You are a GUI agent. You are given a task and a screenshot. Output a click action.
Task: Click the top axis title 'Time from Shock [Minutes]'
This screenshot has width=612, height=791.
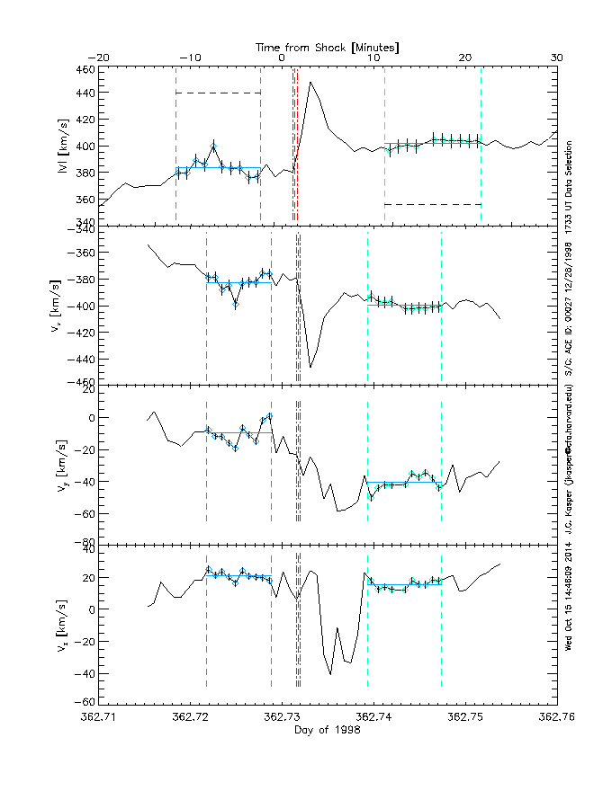tap(328, 46)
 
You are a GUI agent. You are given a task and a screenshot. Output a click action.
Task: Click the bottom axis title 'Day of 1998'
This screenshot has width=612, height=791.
tap(328, 731)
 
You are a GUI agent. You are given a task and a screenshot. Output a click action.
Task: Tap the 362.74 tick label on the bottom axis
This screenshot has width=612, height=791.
tap(373, 717)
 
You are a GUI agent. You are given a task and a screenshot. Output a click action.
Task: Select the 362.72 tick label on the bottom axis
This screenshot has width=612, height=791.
tap(191, 717)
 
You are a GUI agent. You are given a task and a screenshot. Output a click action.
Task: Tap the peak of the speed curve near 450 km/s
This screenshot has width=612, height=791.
tap(310, 83)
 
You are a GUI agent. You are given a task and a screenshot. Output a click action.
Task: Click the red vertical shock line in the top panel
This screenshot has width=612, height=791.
tap(296, 144)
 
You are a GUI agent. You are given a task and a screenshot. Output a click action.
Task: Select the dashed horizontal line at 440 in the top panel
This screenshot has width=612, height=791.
tap(218, 93)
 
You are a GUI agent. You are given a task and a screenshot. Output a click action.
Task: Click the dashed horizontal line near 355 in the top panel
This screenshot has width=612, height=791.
tap(433, 204)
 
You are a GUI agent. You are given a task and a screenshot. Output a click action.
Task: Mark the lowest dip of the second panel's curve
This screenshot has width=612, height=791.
tap(310, 367)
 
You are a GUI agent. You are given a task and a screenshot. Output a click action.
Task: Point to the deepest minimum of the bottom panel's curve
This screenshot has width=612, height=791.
tap(330, 674)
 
